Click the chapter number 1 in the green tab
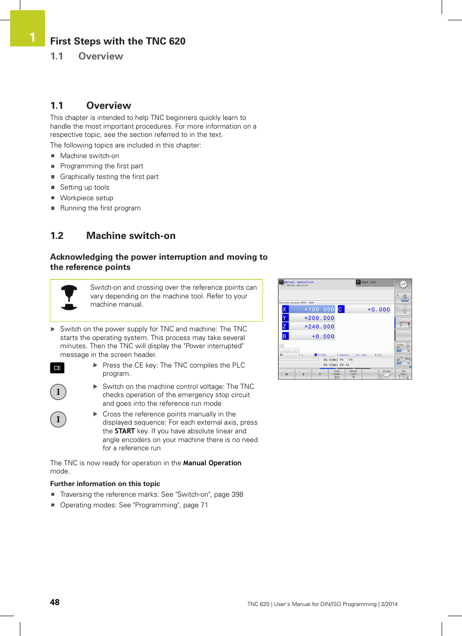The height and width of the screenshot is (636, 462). [x=32, y=37]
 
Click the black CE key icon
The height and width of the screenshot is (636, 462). [x=57, y=368]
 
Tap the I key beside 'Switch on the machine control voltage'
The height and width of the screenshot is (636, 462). [x=58, y=392]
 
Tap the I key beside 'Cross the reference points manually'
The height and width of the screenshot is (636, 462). [x=58, y=419]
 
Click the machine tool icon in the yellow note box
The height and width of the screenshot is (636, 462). [x=69, y=297]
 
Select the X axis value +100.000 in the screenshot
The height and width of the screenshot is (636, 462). [x=319, y=310]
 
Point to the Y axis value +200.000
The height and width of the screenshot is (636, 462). [x=319, y=318]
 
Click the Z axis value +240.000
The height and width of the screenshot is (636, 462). [x=319, y=327]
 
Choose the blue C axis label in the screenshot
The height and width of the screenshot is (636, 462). [x=340, y=310]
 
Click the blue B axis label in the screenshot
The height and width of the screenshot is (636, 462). [x=285, y=336]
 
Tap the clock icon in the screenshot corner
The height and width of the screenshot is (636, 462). [x=403, y=284]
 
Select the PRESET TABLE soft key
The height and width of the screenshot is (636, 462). [x=353, y=374]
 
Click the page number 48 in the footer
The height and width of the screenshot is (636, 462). [x=55, y=602]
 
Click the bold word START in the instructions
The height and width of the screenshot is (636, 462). [x=125, y=431]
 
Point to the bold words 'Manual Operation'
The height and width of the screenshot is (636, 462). [x=212, y=463]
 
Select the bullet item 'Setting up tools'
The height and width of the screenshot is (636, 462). [x=85, y=187]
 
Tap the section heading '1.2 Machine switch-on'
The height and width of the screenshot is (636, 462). [x=113, y=236]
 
